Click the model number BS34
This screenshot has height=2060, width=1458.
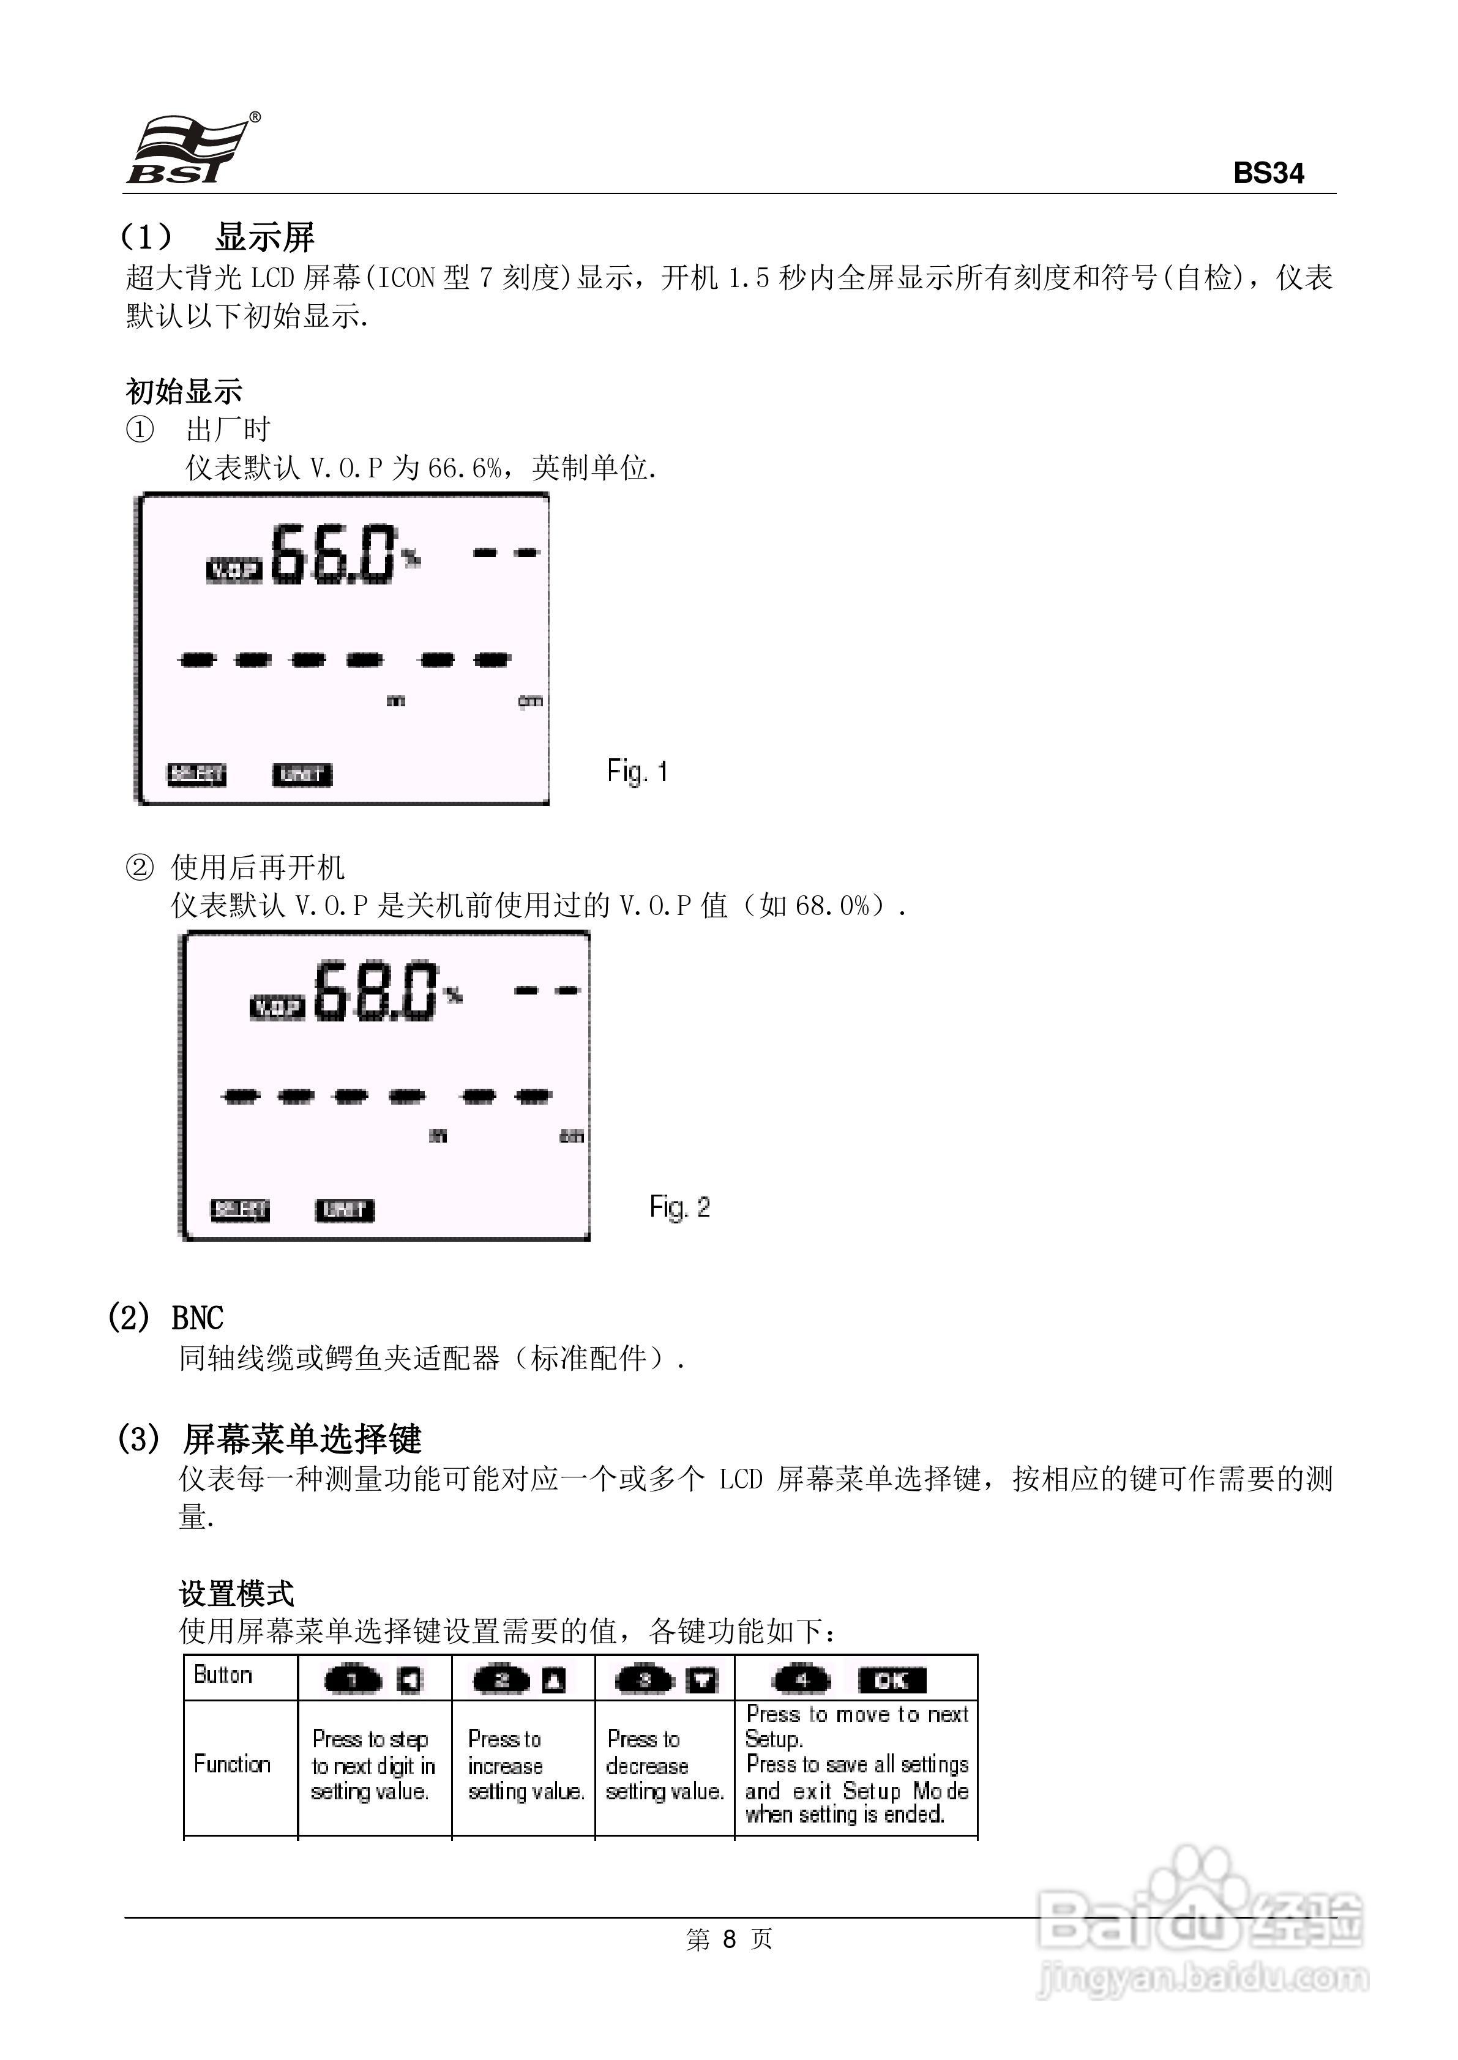click(1268, 173)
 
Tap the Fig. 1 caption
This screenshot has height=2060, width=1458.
click(637, 771)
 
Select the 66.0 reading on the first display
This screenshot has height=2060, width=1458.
click(332, 554)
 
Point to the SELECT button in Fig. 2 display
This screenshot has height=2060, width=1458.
click(240, 1210)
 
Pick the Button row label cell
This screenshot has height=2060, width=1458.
click(223, 1675)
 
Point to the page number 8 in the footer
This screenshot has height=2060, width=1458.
click(729, 1939)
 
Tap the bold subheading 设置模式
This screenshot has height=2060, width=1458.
click(236, 1593)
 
